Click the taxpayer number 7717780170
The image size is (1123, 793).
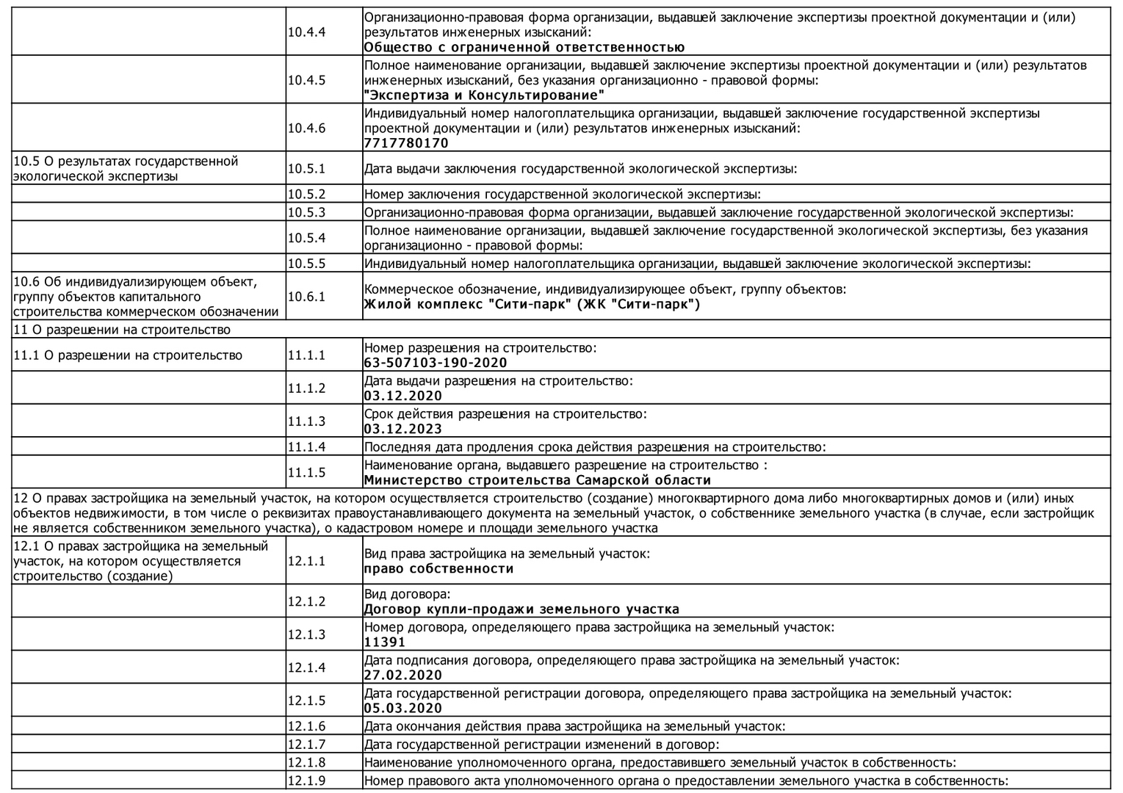pos(406,143)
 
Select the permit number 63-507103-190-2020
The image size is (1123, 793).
pos(436,363)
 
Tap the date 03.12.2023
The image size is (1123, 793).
pos(403,429)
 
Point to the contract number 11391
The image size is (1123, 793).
pos(385,642)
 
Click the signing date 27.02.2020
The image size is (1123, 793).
pos(403,675)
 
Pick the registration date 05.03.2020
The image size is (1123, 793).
pos(403,708)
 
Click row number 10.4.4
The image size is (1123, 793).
pos(306,32)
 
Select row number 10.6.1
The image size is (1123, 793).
pos(306,297)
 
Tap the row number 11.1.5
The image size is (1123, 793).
pos(306,473)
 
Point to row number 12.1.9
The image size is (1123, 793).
pos(306,781)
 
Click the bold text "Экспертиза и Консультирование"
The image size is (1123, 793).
pos(485,95)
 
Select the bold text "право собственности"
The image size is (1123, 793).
pos(438,568)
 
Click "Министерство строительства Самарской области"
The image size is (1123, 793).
pos(538,480)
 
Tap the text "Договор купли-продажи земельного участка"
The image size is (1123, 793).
pos(521,609)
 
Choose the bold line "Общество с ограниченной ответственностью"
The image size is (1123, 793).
pos(524,48)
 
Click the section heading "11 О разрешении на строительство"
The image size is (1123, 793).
pos(122,330)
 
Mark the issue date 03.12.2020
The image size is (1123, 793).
pos(403,396)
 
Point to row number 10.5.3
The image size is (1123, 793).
pos(306,212)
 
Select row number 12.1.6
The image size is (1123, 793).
pos(306,726)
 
